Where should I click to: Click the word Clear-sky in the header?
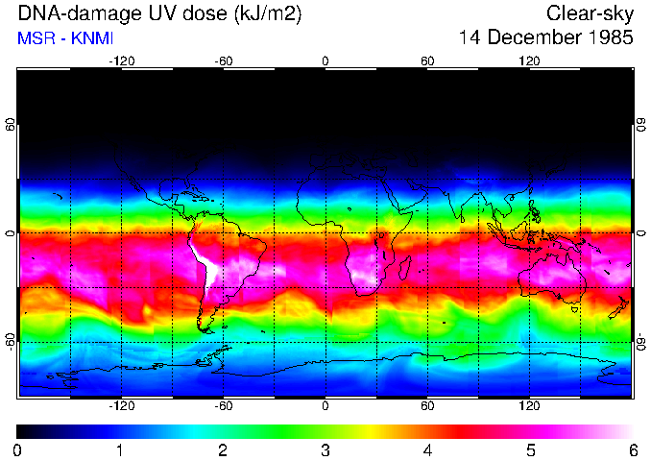pos(590,13)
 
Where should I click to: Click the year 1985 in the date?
pos(607,38)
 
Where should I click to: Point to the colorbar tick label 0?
pos(17,449)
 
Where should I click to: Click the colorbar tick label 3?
pos(325,449)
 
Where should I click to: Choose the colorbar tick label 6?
pos(632,449)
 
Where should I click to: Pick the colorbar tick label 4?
pos(427,449)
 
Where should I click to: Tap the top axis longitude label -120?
pos(121,61)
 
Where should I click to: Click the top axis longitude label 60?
pos(427,61)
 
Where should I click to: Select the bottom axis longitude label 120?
pos(529,406)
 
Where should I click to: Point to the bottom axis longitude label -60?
pos(223,406)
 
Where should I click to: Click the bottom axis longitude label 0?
pos(325,406)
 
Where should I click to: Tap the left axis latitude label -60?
pos(11,341)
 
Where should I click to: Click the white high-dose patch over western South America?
pos(204,261)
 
